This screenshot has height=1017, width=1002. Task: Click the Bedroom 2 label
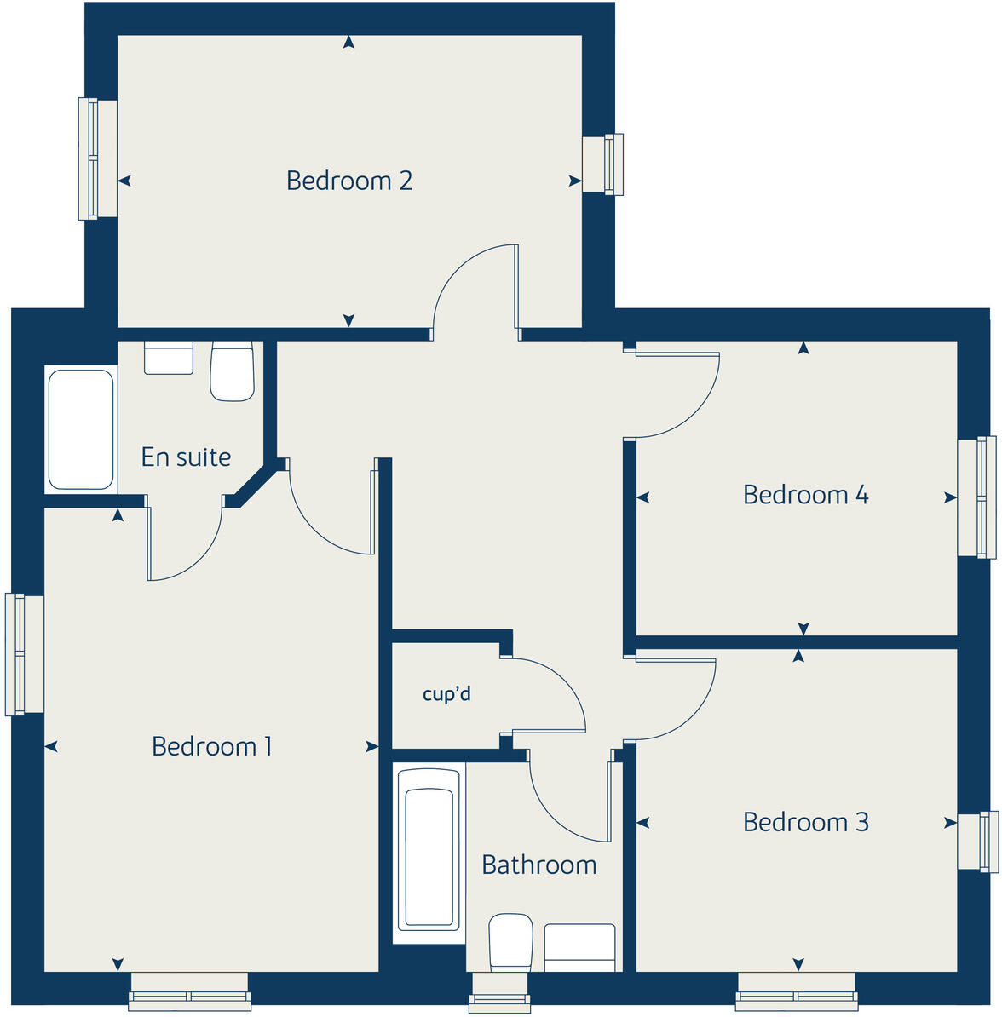coord(349,181)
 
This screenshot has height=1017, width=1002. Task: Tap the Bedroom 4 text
coord(805,495)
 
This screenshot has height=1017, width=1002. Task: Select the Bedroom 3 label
coord(805,822)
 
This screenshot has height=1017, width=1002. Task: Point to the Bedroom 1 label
coord(211,746)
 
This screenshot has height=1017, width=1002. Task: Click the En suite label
coord(186,457)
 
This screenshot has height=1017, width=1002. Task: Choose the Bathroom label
coord(538,865)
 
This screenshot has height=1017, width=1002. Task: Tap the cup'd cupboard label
coord(446,694)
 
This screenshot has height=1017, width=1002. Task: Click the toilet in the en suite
coord(232,371)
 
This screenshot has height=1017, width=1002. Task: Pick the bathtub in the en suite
coord(81,428)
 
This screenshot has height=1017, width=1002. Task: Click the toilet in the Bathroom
coord(510,942)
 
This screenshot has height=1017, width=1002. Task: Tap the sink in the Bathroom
coord(579,947)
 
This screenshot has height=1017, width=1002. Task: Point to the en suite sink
coord(169,358)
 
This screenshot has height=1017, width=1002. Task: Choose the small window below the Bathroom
coord(499,993)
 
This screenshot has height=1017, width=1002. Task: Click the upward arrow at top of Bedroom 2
coord(348,42)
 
